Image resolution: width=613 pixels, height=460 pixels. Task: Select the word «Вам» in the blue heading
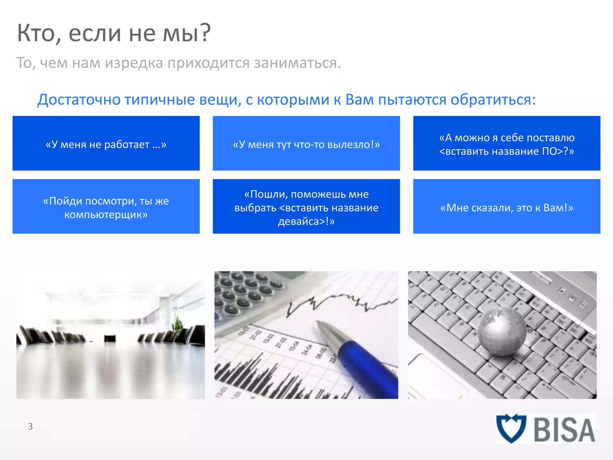(359, 100)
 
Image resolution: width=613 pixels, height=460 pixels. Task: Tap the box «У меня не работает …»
(106, 143)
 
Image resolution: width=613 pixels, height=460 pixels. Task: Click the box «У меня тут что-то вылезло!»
(306, 143)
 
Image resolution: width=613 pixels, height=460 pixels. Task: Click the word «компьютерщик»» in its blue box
(106, 215)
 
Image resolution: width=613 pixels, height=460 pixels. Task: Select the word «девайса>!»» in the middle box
(306, 222)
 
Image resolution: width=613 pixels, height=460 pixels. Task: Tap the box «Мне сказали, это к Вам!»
(506, 207)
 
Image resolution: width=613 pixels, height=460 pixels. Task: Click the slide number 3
(30, 426)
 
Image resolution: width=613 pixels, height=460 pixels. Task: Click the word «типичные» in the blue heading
(160, 100)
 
